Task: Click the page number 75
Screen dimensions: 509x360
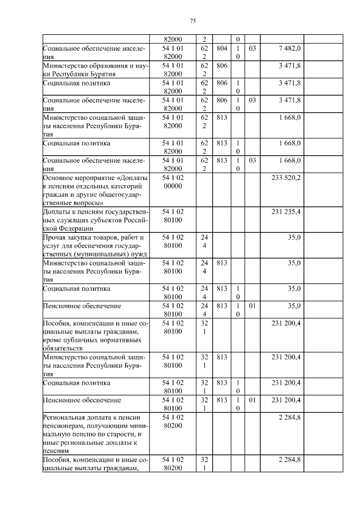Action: pyautogui.click(x=193, y=21)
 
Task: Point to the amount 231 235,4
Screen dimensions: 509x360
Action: pyautogui.click(x=286, y=211)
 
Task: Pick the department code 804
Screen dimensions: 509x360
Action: pyautogui.click(x=221, y=49)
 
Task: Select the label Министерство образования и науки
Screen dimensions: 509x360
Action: pyautogui.click(x=96, y=70)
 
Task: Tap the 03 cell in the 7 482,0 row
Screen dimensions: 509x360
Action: pyautogui.click(x=252, y=49)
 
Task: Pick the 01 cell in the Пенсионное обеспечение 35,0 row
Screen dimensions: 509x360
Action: pyautogui.click(x=252, y=306)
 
